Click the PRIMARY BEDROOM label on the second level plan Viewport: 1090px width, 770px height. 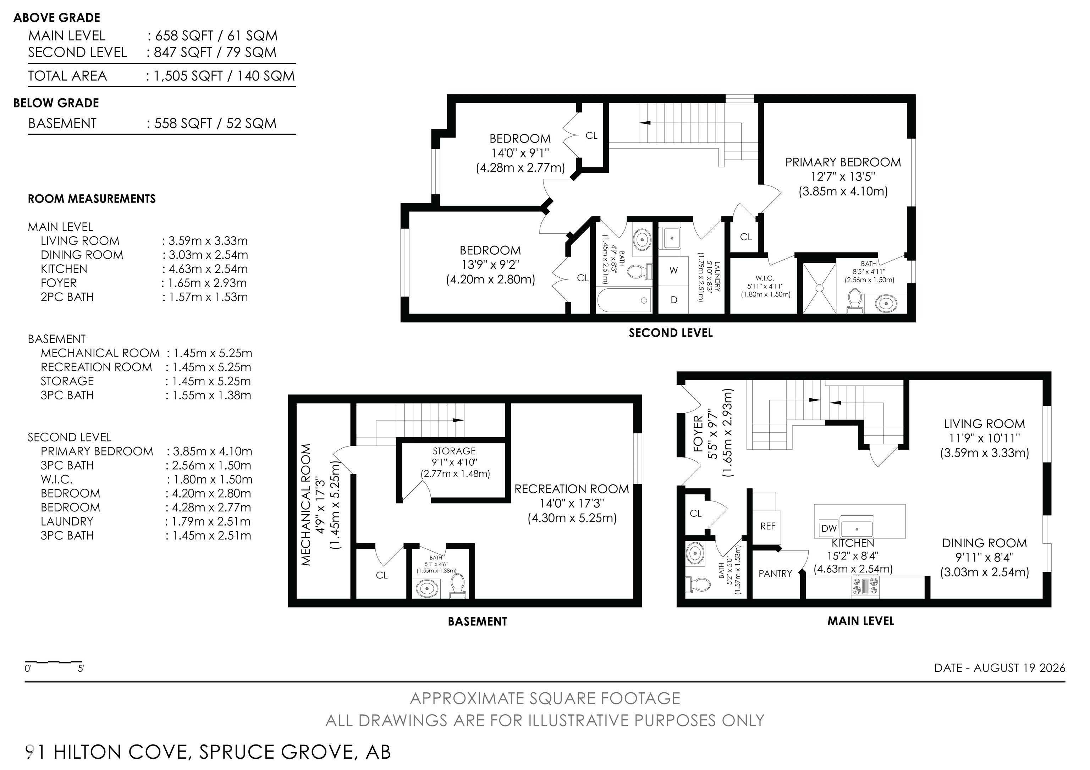(843, 162)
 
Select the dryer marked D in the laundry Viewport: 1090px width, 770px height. (673, 300)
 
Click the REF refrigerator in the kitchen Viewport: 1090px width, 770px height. (767, 526)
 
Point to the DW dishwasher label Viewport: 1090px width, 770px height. (829, 528)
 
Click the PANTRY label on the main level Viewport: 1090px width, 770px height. (775, 574)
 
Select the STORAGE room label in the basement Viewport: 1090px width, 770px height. (454, 451)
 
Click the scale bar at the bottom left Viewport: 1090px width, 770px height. (54, 662)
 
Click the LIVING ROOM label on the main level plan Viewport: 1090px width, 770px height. (984, 424)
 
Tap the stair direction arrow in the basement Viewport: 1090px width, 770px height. (458, 420)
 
